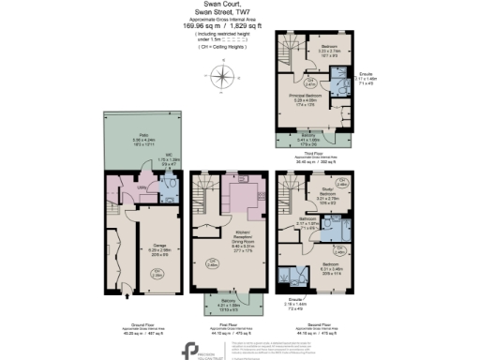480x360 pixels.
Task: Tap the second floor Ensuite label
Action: click(322, 303)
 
